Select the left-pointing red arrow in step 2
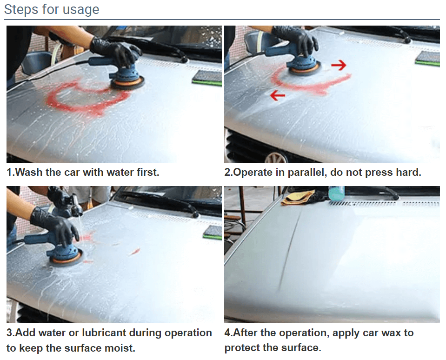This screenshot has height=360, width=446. coord(277,95)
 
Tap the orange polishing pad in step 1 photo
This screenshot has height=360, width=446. coord(128,83)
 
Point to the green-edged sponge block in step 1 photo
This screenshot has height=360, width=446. coord(207,77)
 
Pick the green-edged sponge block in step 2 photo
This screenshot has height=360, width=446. coord(428,59)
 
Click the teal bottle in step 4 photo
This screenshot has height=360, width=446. coord(336,193)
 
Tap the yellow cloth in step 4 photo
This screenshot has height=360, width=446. coord(297,198)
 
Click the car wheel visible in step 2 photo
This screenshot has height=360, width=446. coord(275,157)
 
